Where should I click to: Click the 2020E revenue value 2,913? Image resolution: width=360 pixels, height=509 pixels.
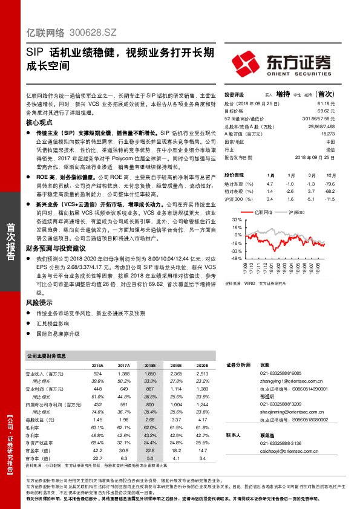pos(202,375)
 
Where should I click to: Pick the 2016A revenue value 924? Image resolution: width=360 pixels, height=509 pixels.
pos(97,375)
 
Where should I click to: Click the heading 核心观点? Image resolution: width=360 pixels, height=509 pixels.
pos(40,122)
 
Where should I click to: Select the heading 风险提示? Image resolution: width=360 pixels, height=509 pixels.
pos(40,301)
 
